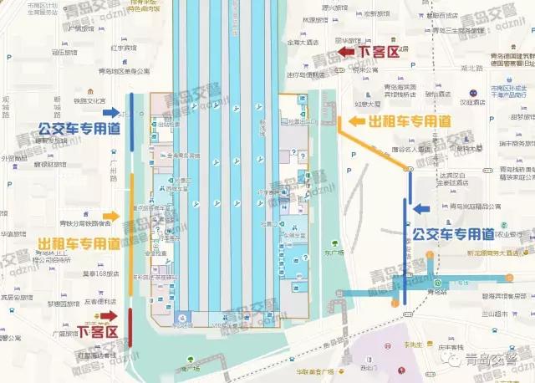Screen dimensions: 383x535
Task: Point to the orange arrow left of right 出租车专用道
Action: pyautogui.click(x=357, y=121)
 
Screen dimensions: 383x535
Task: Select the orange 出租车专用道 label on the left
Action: pyautogui.click(x=79, y=243)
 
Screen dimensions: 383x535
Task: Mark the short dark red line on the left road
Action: pyautogui.click(x=131, y=320)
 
